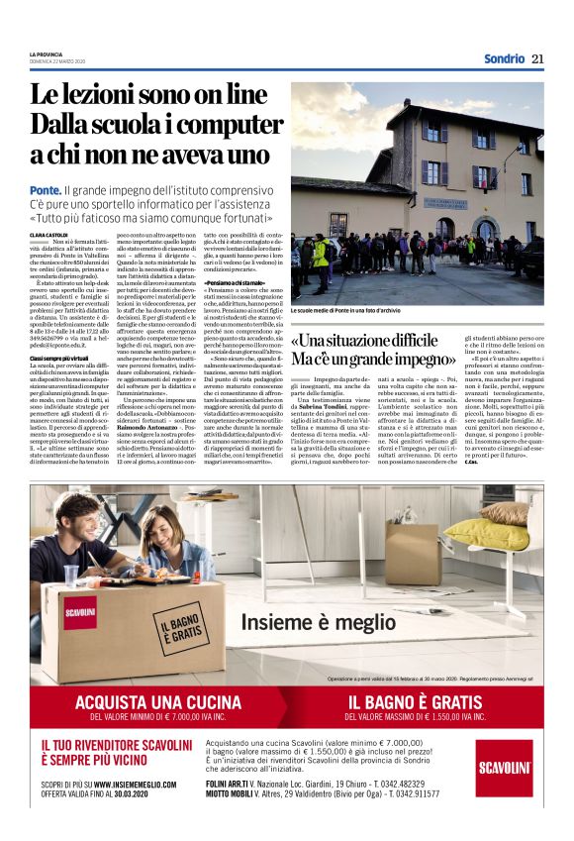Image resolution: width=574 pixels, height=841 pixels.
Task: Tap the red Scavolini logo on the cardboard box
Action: tap(79, 612)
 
